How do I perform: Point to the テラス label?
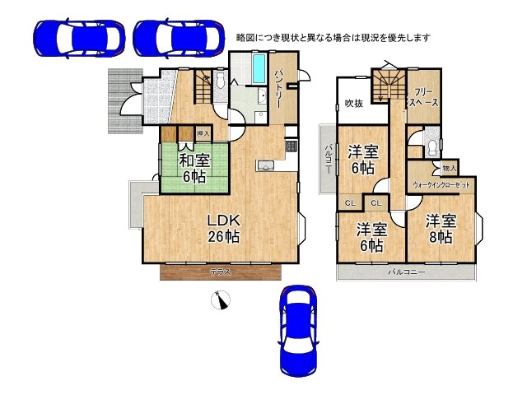[x=220, y=272]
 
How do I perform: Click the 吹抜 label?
[x=354, y=104]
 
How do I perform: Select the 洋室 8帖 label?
[x=440, y=229]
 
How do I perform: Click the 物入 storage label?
[x=449, y=168]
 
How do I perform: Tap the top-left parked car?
[x=78, y=37]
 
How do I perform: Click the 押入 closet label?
[x=203, y=132]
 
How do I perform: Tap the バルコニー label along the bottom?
[x=407, y=272]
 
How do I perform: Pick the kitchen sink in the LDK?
[x=265, y=167]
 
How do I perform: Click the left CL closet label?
[x=349, y=203]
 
